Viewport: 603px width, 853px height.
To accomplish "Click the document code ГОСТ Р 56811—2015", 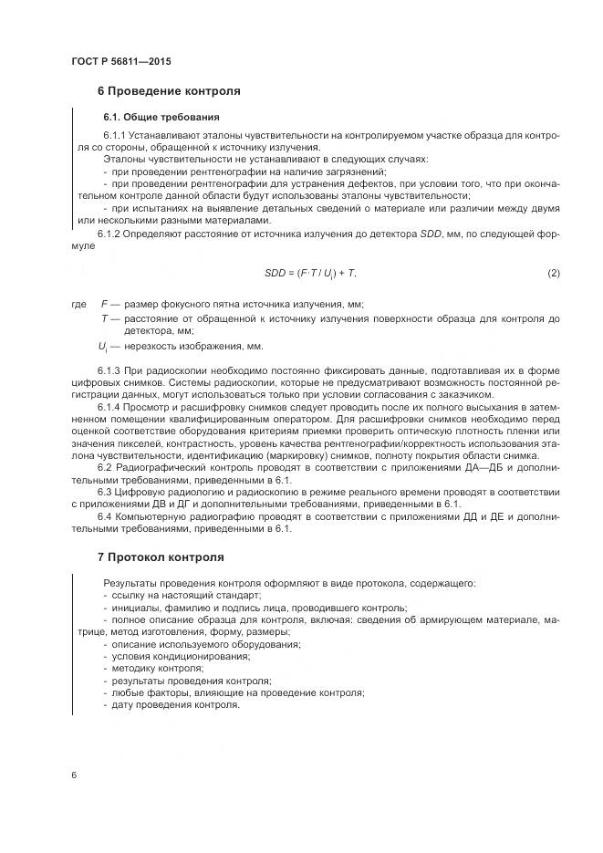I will click(120, 61).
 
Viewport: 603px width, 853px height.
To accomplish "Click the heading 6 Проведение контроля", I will click(169, 91).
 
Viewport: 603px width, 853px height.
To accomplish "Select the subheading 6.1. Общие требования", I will click(161, 117).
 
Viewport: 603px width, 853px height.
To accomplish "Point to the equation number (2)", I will click(553, 274).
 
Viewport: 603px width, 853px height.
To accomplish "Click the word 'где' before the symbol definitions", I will click(78, 304).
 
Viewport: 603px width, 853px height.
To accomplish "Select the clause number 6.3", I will click(112, 492).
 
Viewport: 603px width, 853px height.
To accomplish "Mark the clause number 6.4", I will click(112, 516).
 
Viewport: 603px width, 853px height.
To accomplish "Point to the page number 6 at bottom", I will click(72, 775).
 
